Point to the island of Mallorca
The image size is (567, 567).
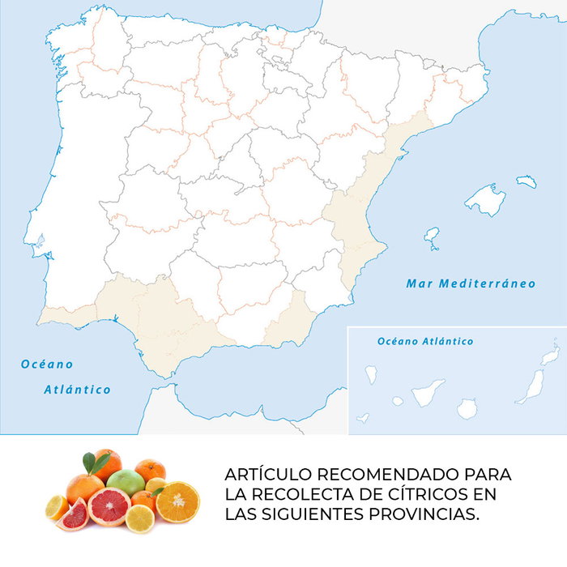486,199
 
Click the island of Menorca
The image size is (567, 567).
526,181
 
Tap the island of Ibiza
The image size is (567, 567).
432,237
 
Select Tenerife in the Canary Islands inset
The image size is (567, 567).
427,393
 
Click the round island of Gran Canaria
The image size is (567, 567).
467,408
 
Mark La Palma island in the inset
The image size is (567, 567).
372,374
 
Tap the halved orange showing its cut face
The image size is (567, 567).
177,501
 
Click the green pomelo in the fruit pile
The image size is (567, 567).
126,484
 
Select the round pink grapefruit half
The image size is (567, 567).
109,507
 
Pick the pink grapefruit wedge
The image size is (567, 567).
75,514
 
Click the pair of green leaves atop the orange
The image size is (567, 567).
95,463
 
